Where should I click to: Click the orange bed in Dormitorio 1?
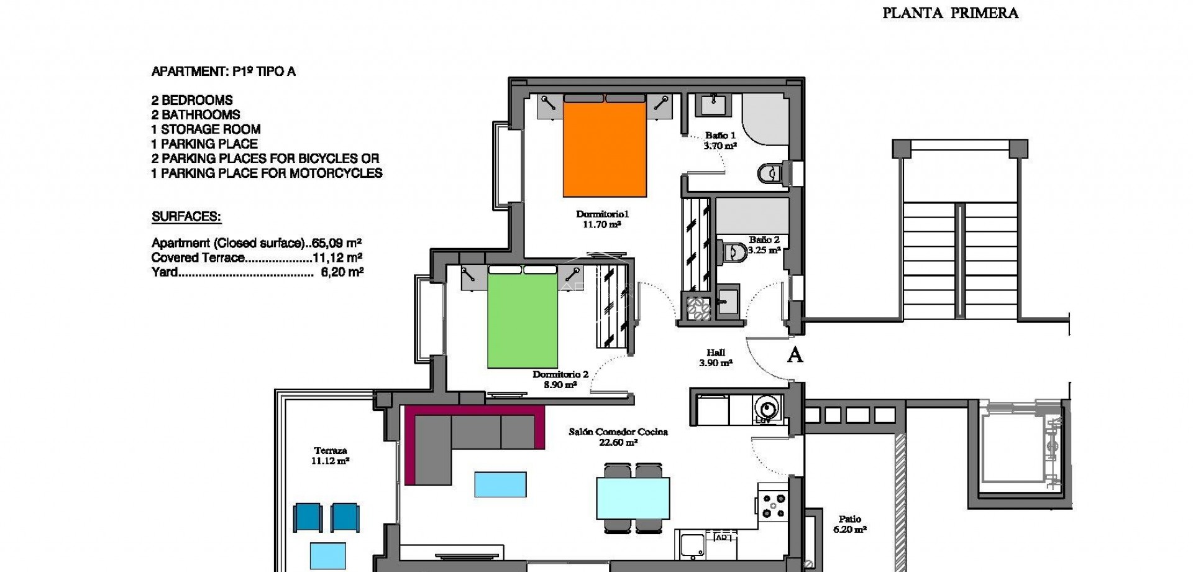pyautogui.click(x=605, y=149)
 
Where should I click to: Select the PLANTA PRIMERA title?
pyautogui.click(x=950, y=13)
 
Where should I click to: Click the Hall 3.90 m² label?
pyautogui.click(x=715, y=357)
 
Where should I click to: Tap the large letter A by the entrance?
pyautogui.click(x=795, y=355)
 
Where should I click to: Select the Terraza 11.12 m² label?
pyautogui.click(x=330, y=456)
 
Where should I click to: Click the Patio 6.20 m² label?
pyautogui.click(x=849, y=524)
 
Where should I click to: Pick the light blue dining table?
pyautogui.click(x=633, y=497)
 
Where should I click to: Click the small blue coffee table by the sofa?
pyautogui.click(x=500, y=484)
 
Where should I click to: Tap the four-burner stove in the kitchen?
pyautogui.click(x=774, y=505)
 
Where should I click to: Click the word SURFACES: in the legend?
pyautogui.click(x=186, y=217)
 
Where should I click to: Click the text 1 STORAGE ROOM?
pyautogui.click(x=206, y=129)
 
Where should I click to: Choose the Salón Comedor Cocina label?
pyautogui.click(x=618, y=431)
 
